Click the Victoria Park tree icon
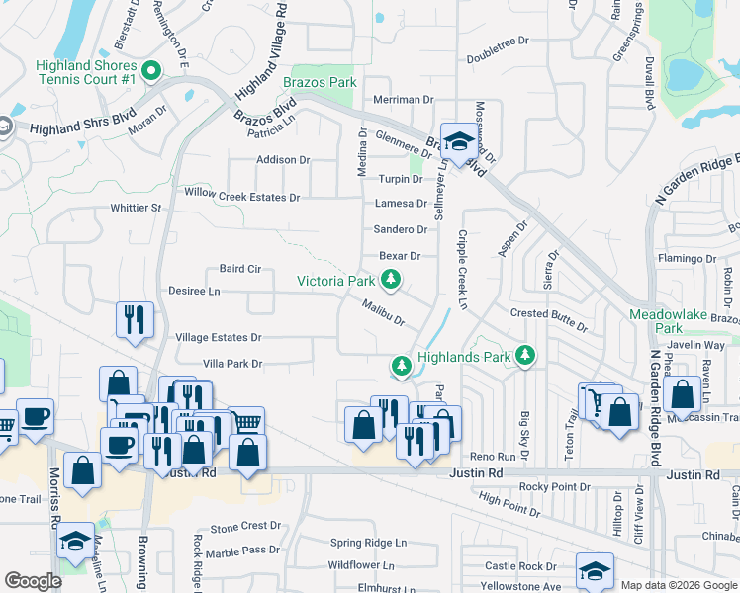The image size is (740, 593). click(392, 281)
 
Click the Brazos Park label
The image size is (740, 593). click(319, 82)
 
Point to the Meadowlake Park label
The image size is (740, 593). click(670, 320)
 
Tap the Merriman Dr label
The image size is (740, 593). click(404, 100)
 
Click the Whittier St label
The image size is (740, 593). click(136, 209)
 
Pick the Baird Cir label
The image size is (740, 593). click(239, 269)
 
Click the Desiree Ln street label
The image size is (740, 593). click(194, 292)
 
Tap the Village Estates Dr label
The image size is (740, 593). click(218, 338)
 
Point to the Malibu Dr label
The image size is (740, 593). click(383, 313)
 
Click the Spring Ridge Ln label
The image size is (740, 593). click(368, 543)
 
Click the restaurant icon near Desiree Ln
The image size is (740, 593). click(136, 318)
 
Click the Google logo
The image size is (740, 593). click(34, 581)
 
